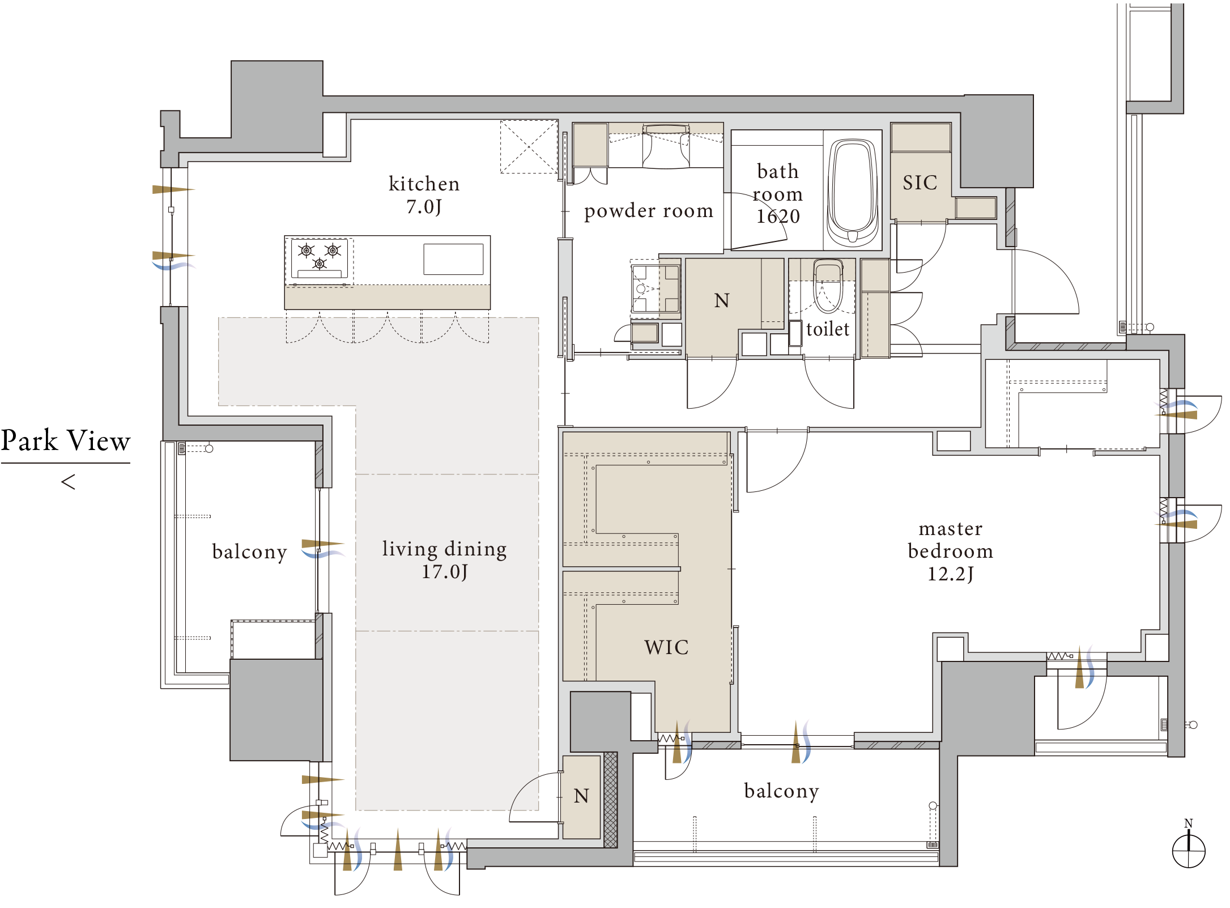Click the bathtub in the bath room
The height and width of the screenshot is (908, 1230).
pos(853,193)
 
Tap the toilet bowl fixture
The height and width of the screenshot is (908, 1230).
pos(828,286)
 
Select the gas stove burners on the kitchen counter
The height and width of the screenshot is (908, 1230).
pos(319,258)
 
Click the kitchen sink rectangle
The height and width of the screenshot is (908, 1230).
pos(453,259)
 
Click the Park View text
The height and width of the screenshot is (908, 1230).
pos(66,440)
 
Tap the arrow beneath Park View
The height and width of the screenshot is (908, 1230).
pos(68,482)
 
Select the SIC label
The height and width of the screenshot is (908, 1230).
pos(920,183)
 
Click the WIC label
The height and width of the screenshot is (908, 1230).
pos(666,647)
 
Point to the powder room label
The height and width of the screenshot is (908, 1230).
pos(649,211)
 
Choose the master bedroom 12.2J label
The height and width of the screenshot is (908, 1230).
pos(951,551)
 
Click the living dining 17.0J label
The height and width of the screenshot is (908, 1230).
pos(445,560)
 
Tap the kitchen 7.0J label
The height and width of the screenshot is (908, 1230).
pos(424,195)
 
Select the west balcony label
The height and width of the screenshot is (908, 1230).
pos(249,551)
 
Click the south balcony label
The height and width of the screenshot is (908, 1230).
pos(782,791)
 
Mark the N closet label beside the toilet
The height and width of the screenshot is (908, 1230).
pos(722,300)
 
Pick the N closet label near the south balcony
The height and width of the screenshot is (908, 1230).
pos(581,796)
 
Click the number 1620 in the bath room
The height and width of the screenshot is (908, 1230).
pos(778,216)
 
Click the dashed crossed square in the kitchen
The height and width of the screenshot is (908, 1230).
pos(529,146)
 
